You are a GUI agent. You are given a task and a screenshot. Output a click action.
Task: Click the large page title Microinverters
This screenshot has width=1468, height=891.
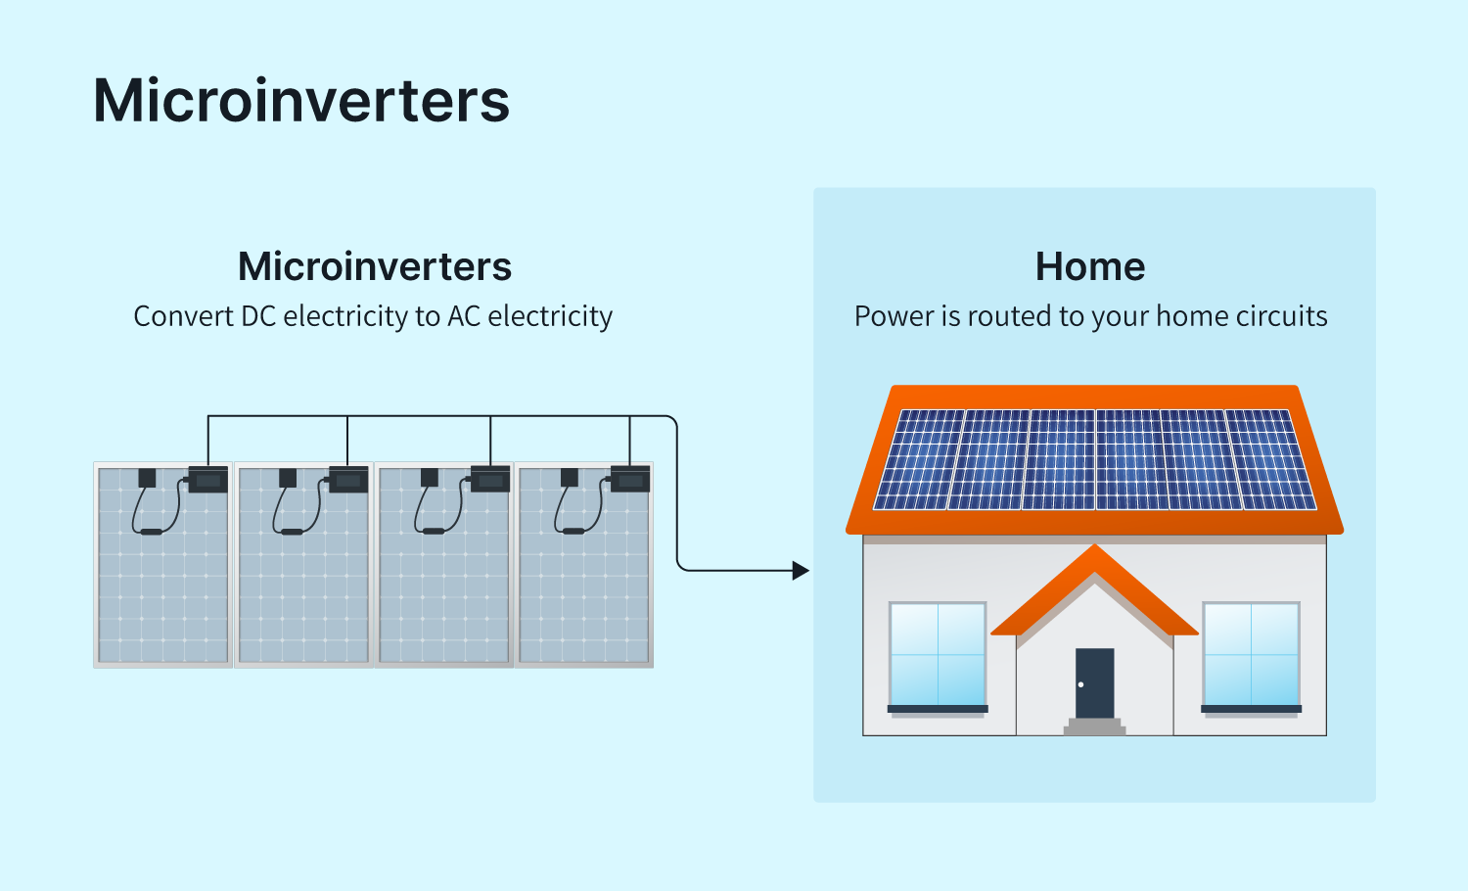(301, 101)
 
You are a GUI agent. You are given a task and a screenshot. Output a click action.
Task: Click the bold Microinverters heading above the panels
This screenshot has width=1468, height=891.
(375, 266)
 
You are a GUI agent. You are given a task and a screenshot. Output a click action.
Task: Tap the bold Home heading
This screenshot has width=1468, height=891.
(1090, 266)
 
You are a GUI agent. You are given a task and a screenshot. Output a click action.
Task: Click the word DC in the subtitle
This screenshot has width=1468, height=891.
(258, 316)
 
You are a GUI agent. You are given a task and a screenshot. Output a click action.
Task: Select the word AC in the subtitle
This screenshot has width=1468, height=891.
(464, 316)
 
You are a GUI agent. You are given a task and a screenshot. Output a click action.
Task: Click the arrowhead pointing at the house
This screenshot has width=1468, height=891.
(802, 570)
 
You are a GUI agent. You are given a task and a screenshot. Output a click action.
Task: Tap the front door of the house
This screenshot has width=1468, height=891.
(1094, 682)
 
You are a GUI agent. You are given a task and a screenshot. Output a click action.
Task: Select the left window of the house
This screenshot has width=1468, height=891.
(938, 654)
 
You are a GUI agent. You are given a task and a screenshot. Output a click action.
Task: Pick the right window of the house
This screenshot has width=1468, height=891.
(1251, 654)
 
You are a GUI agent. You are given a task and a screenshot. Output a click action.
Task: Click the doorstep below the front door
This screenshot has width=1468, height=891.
(1094, 727)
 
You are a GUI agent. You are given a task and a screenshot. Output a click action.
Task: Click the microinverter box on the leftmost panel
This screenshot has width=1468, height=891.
(207, 480)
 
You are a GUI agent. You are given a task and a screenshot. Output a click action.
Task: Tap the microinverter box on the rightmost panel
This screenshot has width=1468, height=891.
(630, 480)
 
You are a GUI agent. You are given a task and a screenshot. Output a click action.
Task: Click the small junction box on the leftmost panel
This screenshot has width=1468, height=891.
(147, 478)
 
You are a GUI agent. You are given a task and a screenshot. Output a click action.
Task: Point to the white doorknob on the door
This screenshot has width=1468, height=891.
(1080, 684)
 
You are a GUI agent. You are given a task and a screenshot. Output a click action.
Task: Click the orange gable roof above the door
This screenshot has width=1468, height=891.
(1094, 587)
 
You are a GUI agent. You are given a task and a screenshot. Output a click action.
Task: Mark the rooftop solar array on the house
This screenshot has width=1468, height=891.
(1094, 459)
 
